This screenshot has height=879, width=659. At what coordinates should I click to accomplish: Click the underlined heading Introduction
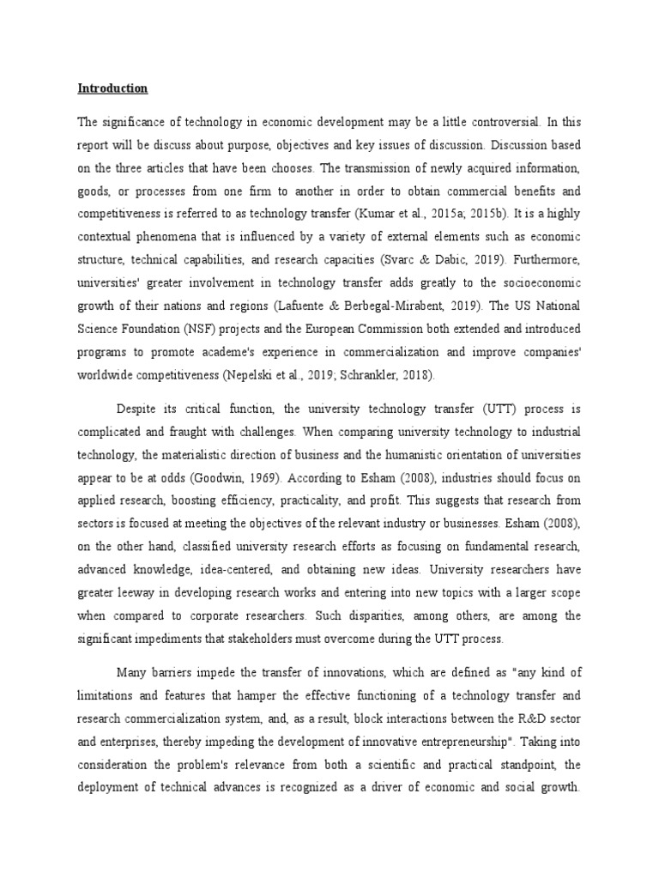pyautogui.click(x=112, y=88)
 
